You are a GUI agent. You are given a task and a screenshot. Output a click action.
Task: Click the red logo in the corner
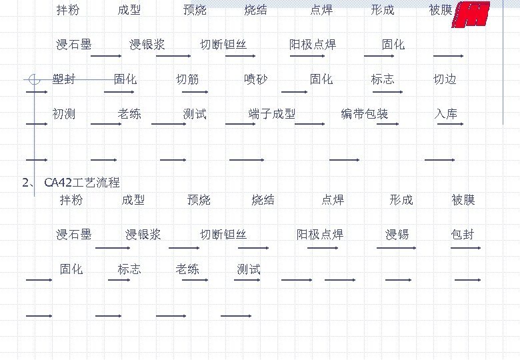pyautogui.click(x=471, y=15)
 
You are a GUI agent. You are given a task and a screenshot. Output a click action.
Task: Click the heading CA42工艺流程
pyautogui.click(x=81, y=183)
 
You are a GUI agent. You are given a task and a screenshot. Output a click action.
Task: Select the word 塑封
pyautogui.click(x=64, y=80)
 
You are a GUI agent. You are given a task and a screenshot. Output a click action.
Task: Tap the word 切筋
pyautogui.click(x=187, y=80)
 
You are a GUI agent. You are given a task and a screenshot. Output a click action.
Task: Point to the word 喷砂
pyautogui.click(x=256, y=80)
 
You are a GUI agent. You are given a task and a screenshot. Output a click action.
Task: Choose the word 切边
pyautogui.click(x=445, y=80)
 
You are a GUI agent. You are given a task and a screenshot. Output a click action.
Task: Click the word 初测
pyautogui.click(x=64, y=114)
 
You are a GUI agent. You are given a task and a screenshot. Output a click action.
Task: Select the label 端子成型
pyautogui.click(x=271, y=114)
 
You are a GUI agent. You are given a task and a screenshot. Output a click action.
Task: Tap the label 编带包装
pyautogui.click(x=364, y=114)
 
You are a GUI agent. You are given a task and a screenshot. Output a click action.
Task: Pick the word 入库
pyautogui.click(x=446, y=114)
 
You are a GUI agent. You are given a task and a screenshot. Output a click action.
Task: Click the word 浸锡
pyautogui.click(x=397, y=235)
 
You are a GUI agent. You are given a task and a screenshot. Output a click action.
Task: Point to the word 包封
pyautogui.click(x=463, y=235)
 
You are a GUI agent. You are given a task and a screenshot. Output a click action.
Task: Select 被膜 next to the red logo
pyautogui.click(x=441, y=10)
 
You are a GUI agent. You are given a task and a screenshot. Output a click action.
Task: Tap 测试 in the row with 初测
pyautogui.click(x=195, y=114)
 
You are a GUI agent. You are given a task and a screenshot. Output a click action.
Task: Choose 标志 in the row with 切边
pyautogui.click(x=383, y=80)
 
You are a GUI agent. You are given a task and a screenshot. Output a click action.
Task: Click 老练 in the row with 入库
pyautogui.click(x=129, y=114)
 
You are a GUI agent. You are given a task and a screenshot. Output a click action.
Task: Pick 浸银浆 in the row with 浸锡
pyautogui.click(x=143, y=235)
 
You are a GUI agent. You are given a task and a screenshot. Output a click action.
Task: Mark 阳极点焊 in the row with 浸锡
pyautogui.click(x=320, y=235)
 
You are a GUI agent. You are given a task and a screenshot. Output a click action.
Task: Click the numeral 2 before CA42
pyautogui.click(x=25, y=183)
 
